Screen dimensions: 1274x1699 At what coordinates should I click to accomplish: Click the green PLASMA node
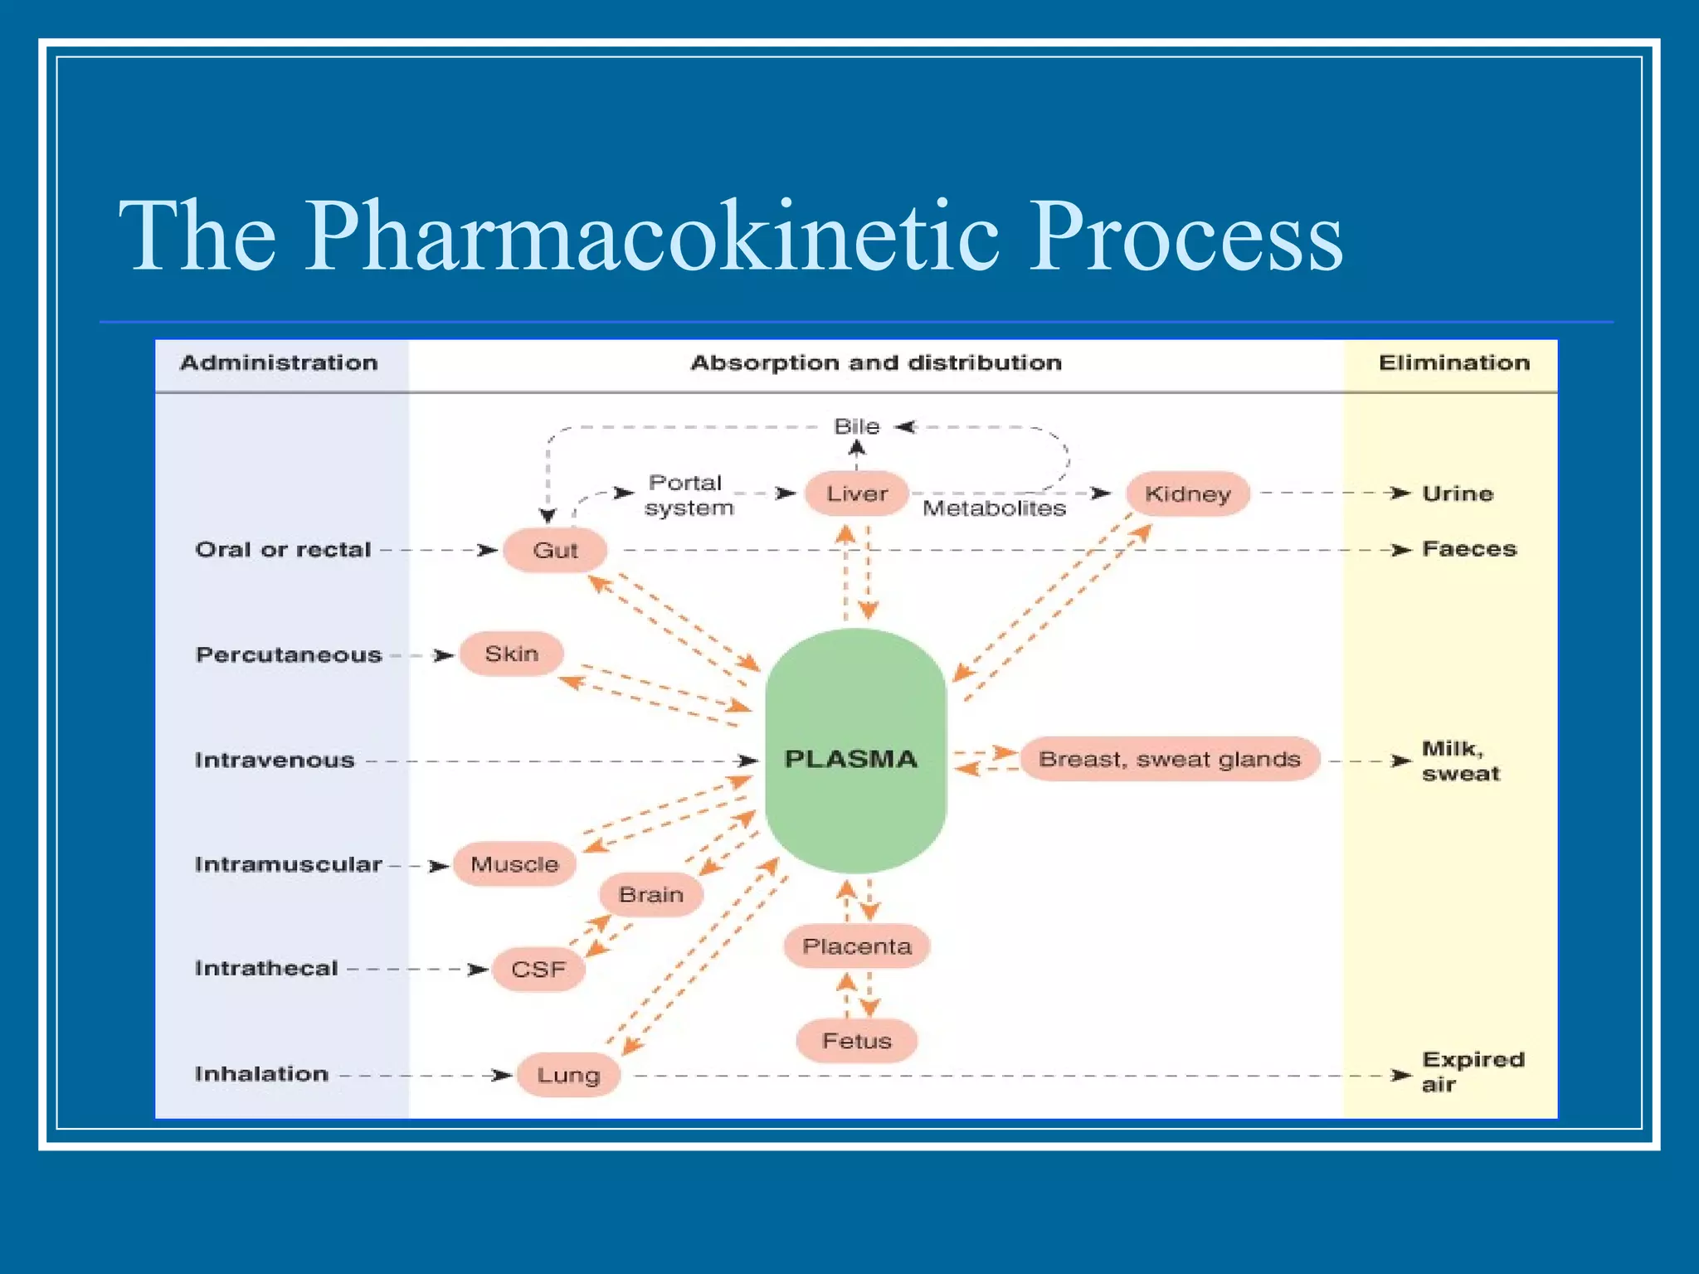pos(854,751)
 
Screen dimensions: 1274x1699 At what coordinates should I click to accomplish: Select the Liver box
pos(856,494)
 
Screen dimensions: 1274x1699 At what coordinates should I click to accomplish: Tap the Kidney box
pos(1187,494)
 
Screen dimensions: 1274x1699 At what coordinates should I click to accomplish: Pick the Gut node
pos(555,550)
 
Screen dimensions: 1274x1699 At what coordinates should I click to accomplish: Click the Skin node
pos(512,654)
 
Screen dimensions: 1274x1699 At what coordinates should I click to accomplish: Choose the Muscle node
pos(514,864)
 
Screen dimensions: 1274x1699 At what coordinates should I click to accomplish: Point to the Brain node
pos(651,895)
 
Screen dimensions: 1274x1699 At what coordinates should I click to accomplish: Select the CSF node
pos(538,970)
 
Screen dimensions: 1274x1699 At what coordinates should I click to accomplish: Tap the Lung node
pos(568,1075)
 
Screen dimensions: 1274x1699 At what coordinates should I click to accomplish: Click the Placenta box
pos(857,946)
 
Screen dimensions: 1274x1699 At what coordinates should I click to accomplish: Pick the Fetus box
pos(857,1041)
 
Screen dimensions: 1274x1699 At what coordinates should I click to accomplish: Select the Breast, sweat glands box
pos(1170,759)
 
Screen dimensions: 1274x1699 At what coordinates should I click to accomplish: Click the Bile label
pos(856,426)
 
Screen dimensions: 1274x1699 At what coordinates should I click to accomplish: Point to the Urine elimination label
pos(1458,494)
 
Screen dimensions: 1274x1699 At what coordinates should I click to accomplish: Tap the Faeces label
pos(1469,549)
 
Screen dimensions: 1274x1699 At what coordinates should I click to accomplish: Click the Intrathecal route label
pos(266,969)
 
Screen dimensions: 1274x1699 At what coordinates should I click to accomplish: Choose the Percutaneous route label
pos(289,655)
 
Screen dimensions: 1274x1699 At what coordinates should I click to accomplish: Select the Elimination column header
pos(1453,363)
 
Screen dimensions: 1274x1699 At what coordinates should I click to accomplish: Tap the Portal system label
pos(688,495)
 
